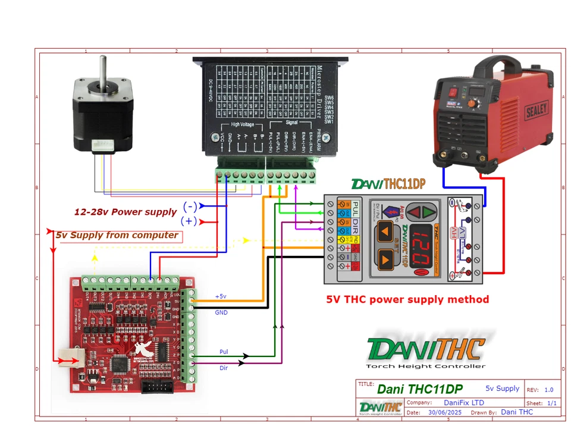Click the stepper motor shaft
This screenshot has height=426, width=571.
pos(103,68)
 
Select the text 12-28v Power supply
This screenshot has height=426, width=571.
pos(125,212)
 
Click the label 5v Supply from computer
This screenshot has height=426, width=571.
pos(117,235)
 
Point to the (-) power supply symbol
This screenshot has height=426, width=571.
pos(190,206)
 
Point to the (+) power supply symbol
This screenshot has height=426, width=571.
pos(189,221)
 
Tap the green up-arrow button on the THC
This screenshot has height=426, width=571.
pos(423,211)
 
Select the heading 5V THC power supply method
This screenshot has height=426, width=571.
pos(407,299)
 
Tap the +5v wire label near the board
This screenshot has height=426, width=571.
pos(220,296)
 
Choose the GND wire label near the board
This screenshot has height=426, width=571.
pos(220,311)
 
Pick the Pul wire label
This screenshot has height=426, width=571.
pos(224,352)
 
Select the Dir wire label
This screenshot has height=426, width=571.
pos(223,368)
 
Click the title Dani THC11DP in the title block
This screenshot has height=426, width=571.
pos(419,389)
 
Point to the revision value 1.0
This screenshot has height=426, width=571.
pos(548,390)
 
